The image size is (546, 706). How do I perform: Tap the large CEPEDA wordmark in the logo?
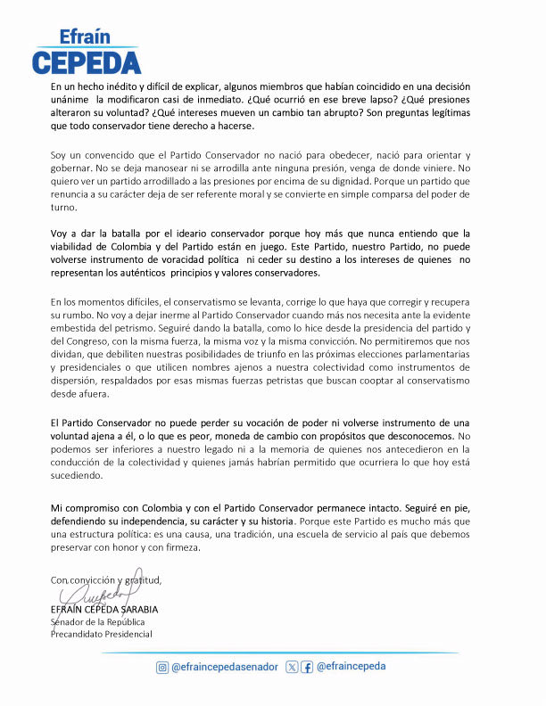[87, 62]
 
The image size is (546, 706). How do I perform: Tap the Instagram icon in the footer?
[162, 667]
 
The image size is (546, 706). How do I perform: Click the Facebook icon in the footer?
[307, 667]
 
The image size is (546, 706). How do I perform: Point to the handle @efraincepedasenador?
[225, 667]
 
